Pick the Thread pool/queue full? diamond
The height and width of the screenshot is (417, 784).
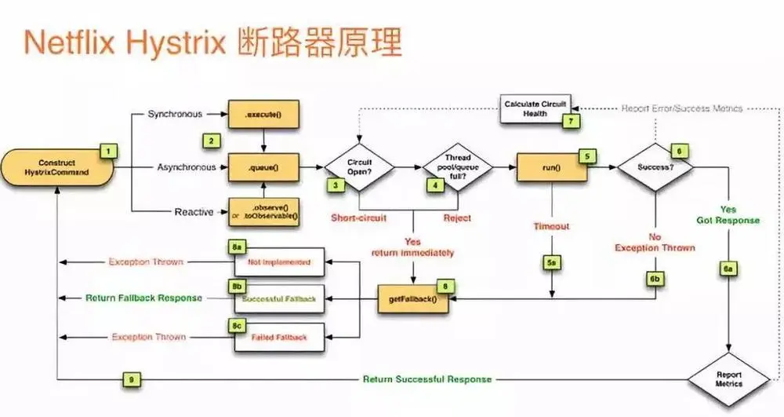(457, 166)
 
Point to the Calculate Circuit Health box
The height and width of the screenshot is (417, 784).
(535, 108)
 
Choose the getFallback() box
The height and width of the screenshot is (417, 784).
(413, 299)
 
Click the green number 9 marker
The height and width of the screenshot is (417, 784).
(132, 379)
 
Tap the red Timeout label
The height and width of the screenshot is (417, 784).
(551, 226)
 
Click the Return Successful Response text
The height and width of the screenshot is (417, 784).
(427, 379)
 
